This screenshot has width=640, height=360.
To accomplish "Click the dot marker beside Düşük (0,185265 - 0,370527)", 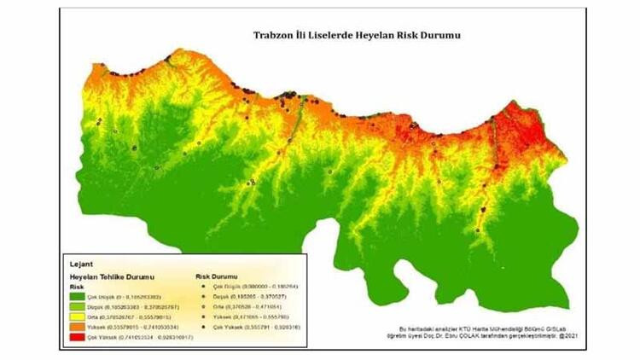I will [201, 295].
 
